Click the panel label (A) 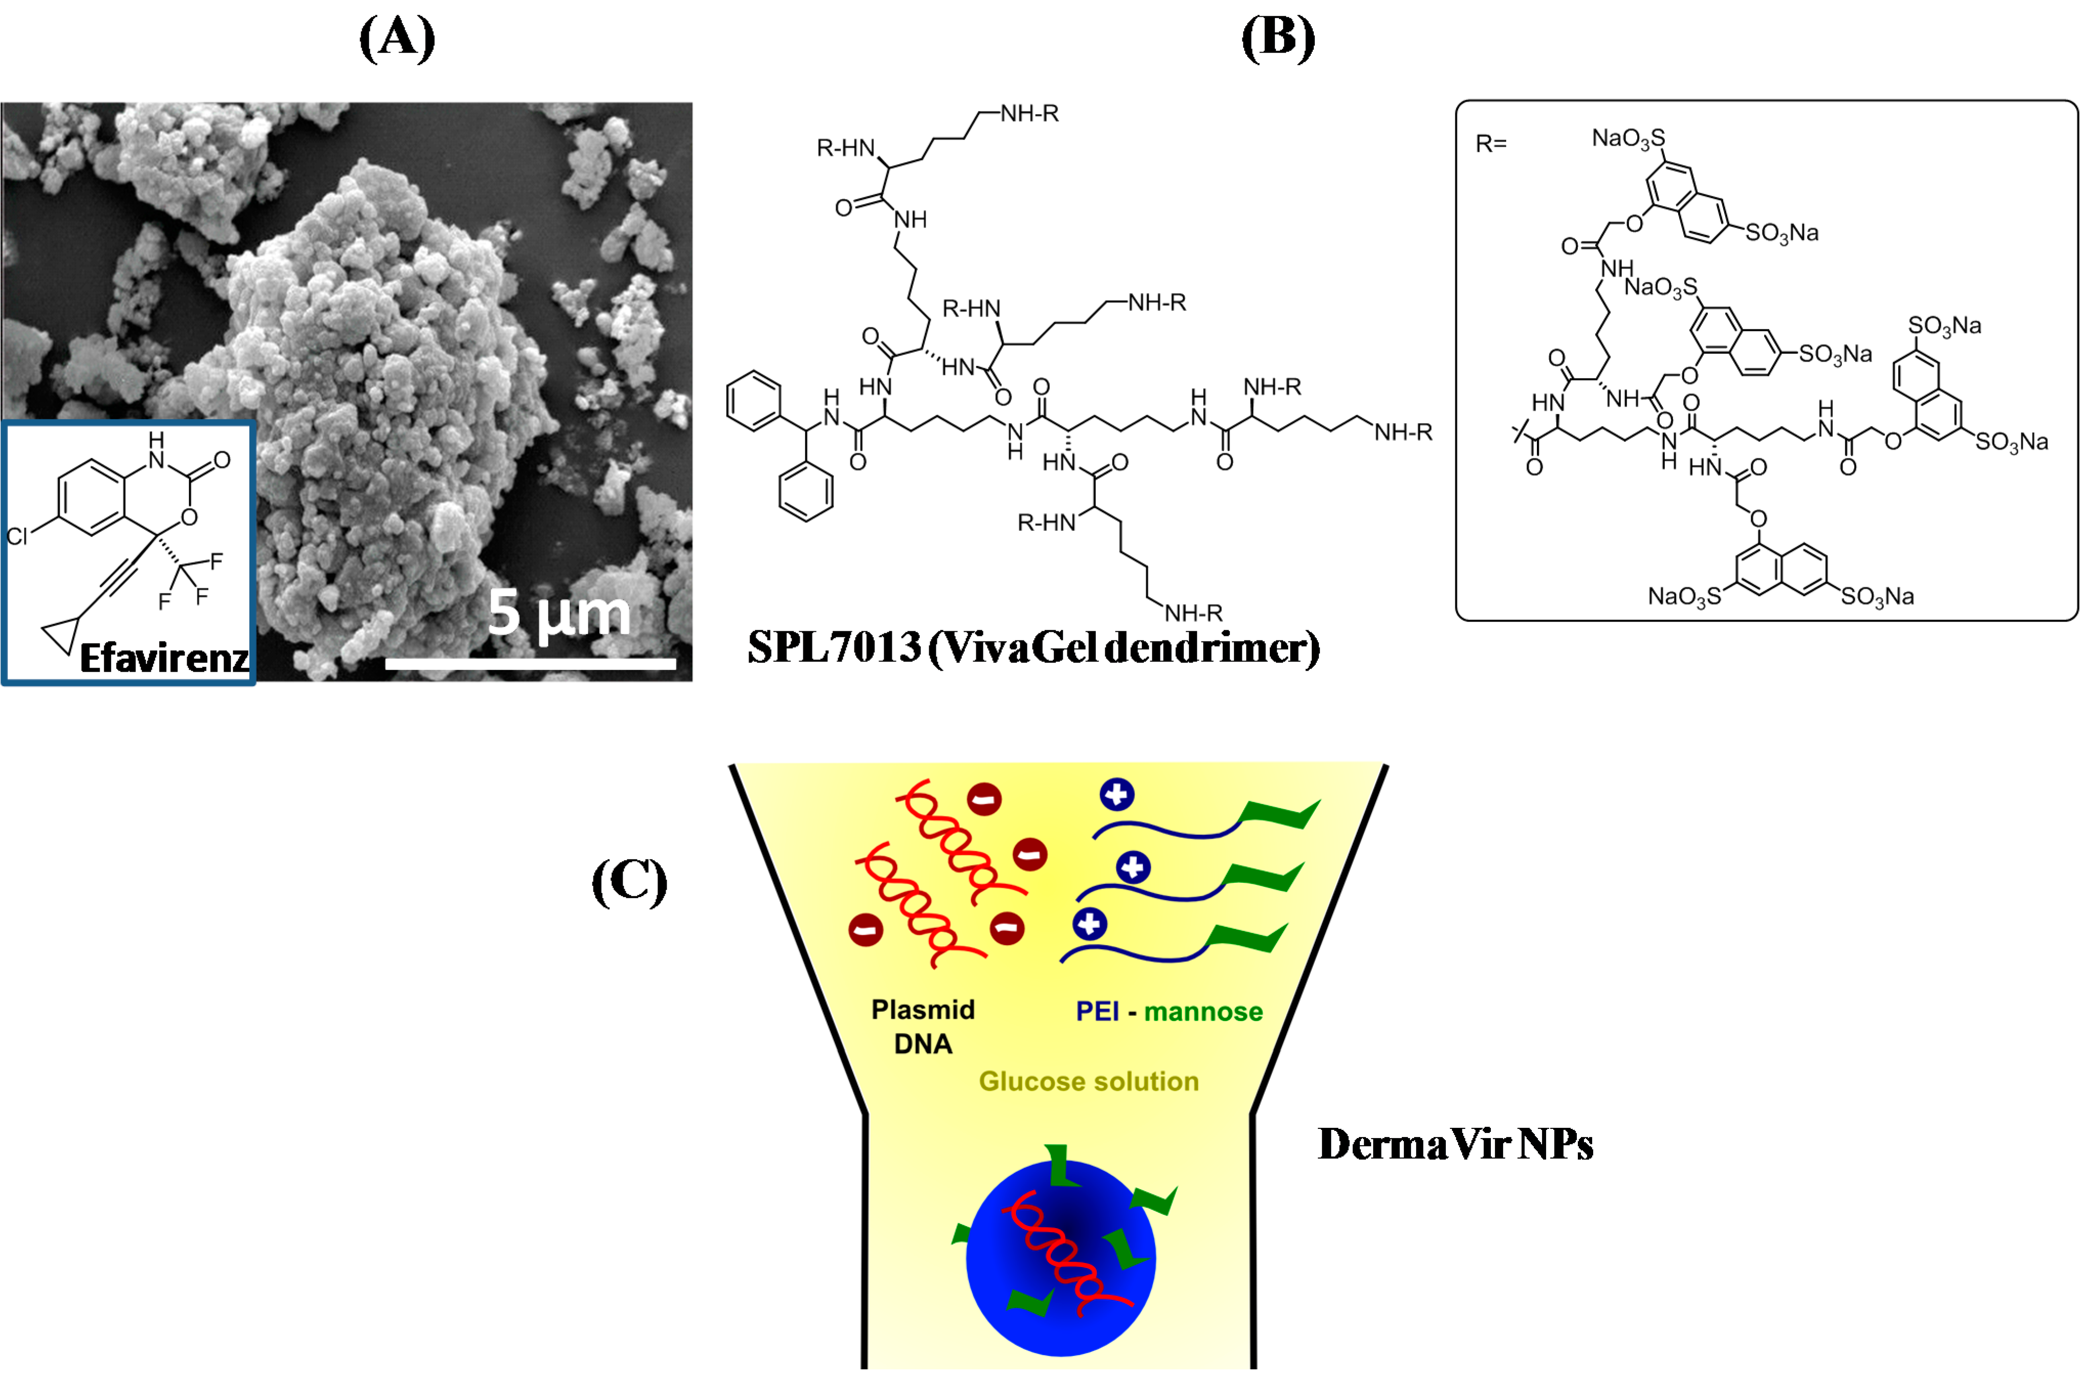pyautogui.click(x=397, y=39)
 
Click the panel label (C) pyautogui.click(x=629, y=882)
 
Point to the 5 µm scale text pyautogui.click(x=559, y=613)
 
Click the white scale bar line pyautogui.click(x=531, y=664)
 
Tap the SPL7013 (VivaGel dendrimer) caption pyautogui.click(x=1033, y=648)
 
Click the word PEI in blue pyautogui.click(x=1097, y=1012)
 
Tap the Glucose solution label pyautogui.click(x=1089, y=1081)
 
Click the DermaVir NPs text pyautogui.click(x=1455, y=1144)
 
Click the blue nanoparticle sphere pyautogui.click(x=1010, y=1291)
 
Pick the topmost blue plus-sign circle pyautogui.click(x=1117, y=795)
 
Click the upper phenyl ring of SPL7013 pyautogui.click(x=754, y=402)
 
